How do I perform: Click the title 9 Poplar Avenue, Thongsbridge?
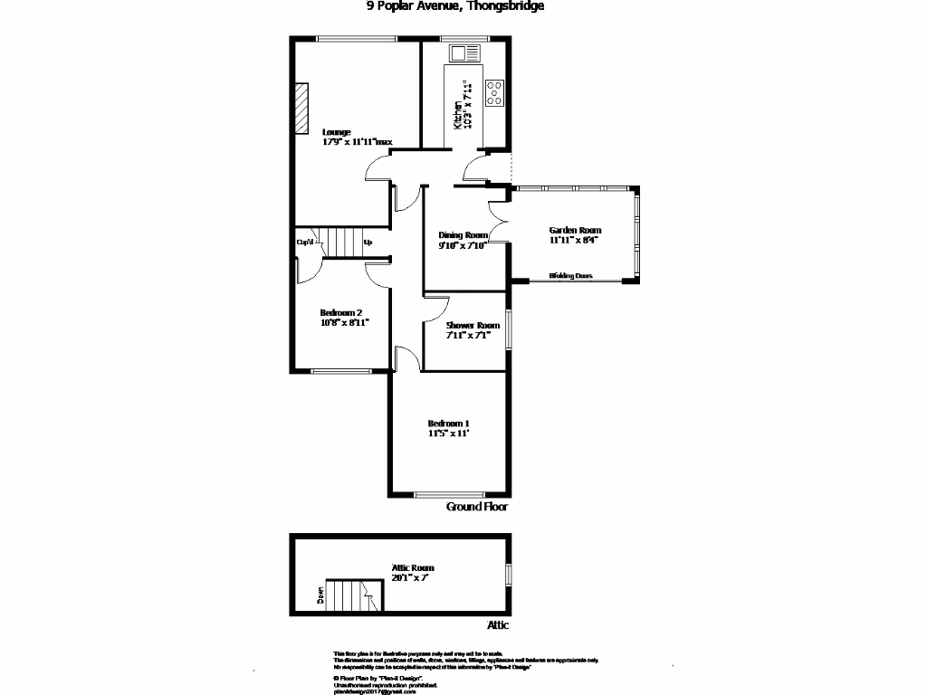tap(454, 6)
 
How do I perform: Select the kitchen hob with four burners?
tap(495, 92)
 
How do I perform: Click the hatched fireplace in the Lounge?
tap(301, 108)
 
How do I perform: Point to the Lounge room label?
tap(337, 132)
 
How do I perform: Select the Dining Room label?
tap(463, 234)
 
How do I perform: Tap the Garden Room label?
tap(575, 230)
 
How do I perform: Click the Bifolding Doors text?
tap(571, 276)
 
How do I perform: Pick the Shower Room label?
tap(473, 326)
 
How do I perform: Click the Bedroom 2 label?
tap(341, 312)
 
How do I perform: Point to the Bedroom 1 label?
tap(448, 424)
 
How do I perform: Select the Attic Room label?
tap(413, 567)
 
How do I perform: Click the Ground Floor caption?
tap(477, 508)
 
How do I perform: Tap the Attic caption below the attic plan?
tap(498, 625)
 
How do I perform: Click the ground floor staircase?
tap(343, 242)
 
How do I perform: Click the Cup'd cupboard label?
tap(305, 242)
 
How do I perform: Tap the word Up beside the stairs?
tap(368, 242)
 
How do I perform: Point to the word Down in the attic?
tap(320, 595)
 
